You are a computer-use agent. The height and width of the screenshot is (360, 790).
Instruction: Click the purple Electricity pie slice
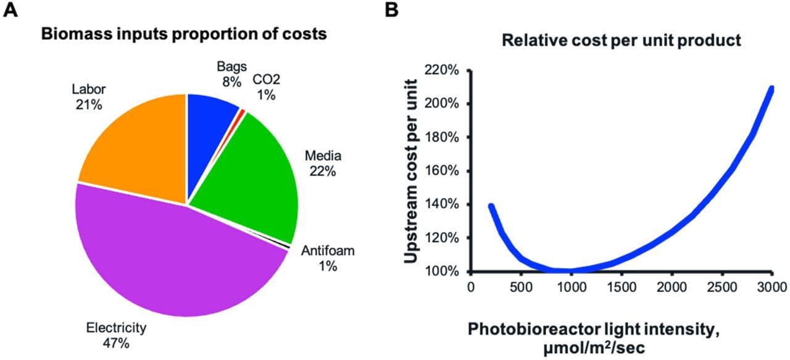pos(167,259)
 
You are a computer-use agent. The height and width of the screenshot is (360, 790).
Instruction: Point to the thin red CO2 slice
pos(243,112)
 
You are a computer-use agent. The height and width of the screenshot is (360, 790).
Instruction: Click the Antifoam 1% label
pos(328,258)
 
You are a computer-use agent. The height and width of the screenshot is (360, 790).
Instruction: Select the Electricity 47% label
pos(116,335)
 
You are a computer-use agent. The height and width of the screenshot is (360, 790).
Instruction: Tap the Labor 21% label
pos(89,98)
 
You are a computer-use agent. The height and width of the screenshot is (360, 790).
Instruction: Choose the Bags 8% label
pos(231,73)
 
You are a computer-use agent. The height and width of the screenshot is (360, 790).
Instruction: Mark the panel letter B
pos(392,10)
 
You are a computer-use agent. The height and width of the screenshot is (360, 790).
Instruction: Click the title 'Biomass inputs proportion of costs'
pos(183,35)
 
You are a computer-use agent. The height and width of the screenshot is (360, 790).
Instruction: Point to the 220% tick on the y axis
pos(441,70)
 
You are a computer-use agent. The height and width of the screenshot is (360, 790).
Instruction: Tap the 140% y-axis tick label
pos(441,204)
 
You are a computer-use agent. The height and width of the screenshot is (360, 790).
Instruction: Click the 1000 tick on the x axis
pos(571,287)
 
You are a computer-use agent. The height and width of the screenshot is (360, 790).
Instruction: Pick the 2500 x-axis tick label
pos(721,287)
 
